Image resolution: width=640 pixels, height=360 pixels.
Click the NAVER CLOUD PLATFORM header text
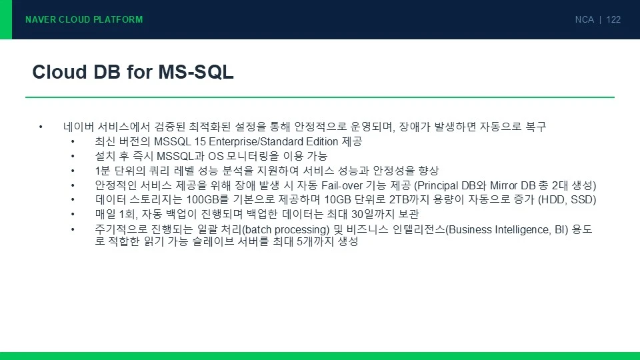tap(84, 19)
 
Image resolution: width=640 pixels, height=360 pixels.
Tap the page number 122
tap(613, 19)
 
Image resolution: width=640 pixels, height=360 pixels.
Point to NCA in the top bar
tap(585, 19)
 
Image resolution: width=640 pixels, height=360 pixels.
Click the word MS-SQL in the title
tap(196, 72)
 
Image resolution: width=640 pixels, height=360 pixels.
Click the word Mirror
tap(504, 186)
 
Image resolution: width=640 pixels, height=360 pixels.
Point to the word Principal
tap(436, 186)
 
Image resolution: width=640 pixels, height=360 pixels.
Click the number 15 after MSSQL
tap(200, 141)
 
